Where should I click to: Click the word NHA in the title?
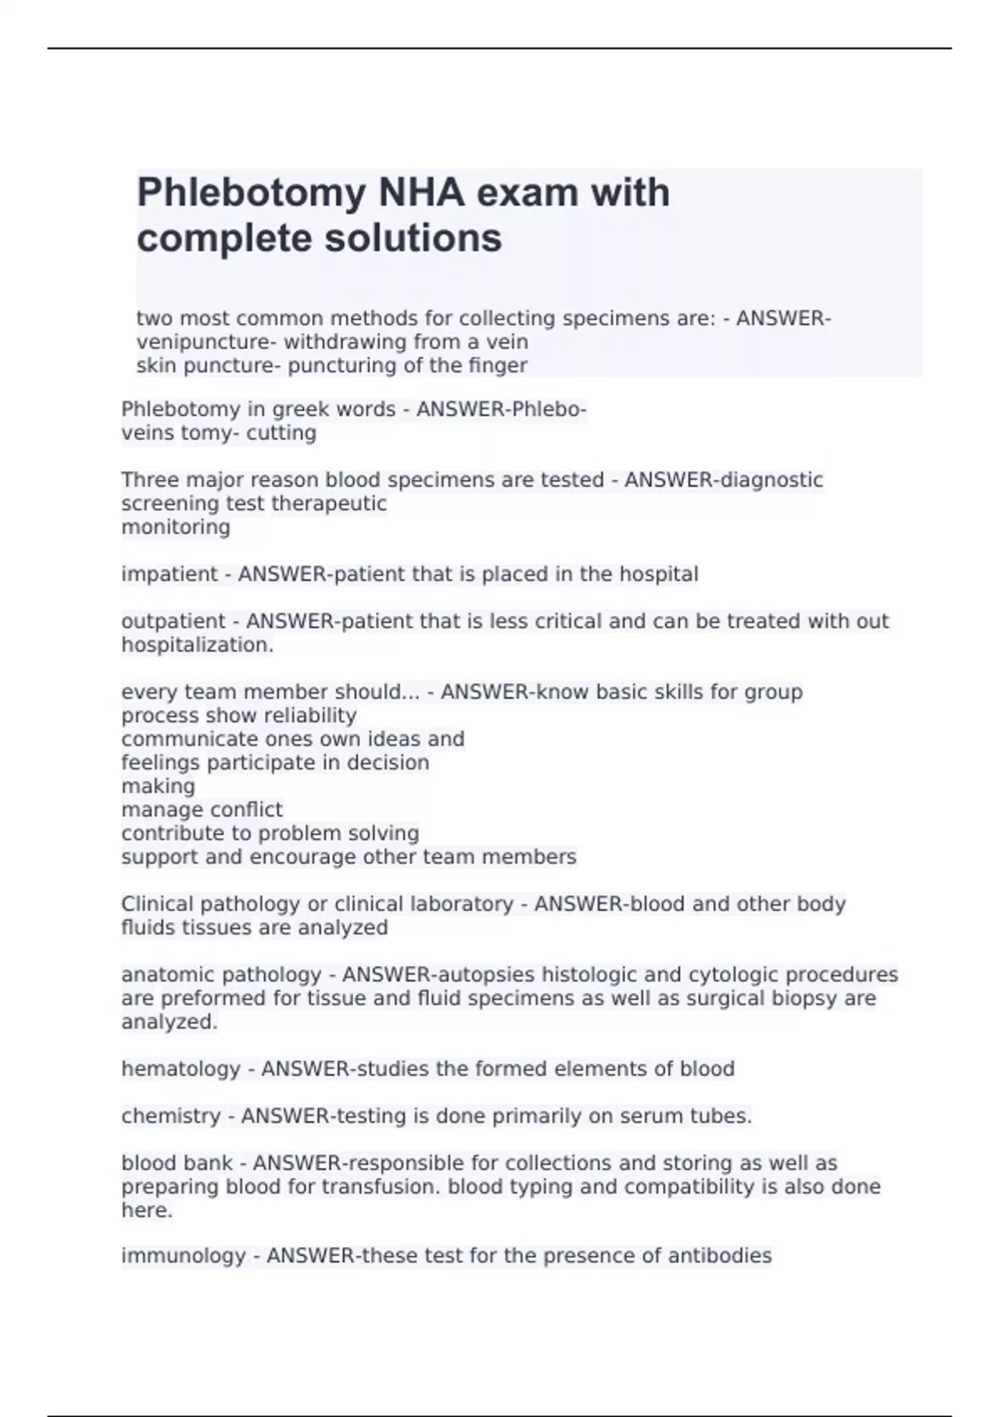click(422, 193)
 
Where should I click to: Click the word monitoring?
click(176, 527)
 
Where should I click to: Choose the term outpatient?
click(173, 621)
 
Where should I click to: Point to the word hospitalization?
click(196, 644)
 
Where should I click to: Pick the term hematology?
click(181, 1069)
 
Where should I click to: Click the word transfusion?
click(384, 1186)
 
